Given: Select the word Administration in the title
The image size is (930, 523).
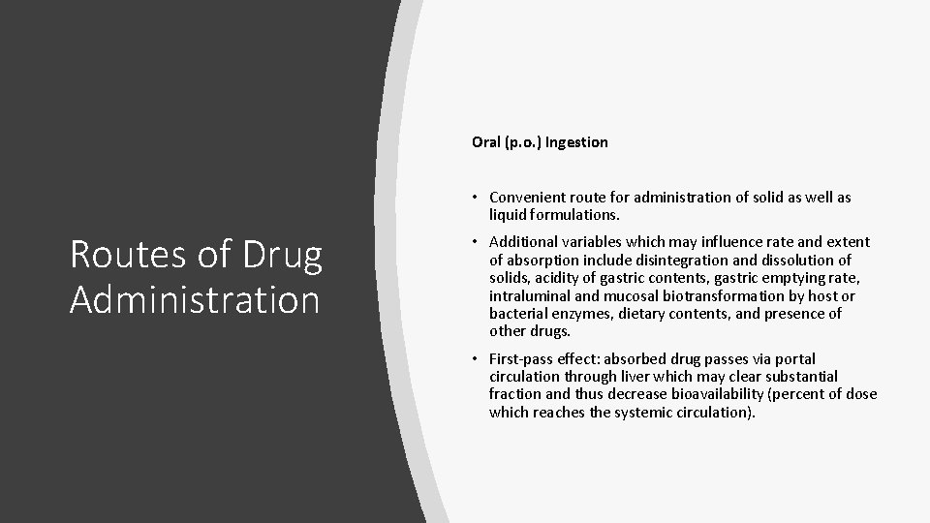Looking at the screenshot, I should click(x=194, y=299).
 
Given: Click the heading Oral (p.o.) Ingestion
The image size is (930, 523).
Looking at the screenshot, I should click(x=540, y=142).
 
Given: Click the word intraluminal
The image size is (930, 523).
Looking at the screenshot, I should click(x=529, y=296).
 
